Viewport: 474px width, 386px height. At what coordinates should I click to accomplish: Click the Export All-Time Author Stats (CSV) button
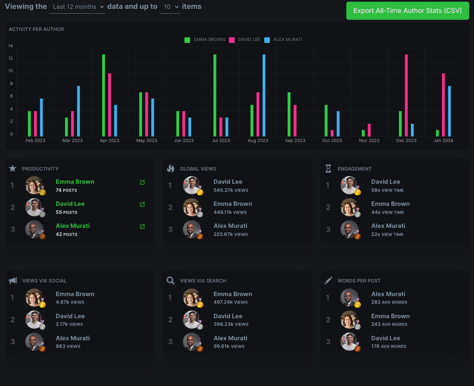pos(407,11)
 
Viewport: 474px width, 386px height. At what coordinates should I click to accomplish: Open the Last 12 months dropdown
pos(77,7)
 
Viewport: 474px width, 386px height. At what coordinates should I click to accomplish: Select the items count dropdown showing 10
pos(170,7)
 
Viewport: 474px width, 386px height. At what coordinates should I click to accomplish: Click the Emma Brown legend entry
pos(205,40)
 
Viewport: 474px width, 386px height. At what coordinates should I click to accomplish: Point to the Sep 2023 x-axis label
pos(295,140)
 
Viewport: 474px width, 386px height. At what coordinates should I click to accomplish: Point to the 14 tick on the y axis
pos(11,46)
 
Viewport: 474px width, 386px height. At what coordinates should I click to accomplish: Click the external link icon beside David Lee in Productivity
pos(142,204)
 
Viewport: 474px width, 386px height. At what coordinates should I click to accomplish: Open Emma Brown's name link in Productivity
pos(75,182)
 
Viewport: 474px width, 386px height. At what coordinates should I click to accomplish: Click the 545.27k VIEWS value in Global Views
pos(231,190)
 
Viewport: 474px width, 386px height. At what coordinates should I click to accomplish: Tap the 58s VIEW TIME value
pos(387,190)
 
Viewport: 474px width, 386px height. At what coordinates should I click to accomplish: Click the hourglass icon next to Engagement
pos(328,169)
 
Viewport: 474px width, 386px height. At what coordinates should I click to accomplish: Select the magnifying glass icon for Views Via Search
pos(170,280)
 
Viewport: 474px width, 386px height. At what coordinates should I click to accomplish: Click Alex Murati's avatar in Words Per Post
pos(349,298)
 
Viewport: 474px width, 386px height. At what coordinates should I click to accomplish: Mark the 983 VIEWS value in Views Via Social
pos(68,346)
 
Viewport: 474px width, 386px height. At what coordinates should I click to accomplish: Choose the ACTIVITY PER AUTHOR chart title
pos(36,29)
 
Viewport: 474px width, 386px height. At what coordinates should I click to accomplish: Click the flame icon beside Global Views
pos(170,169)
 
